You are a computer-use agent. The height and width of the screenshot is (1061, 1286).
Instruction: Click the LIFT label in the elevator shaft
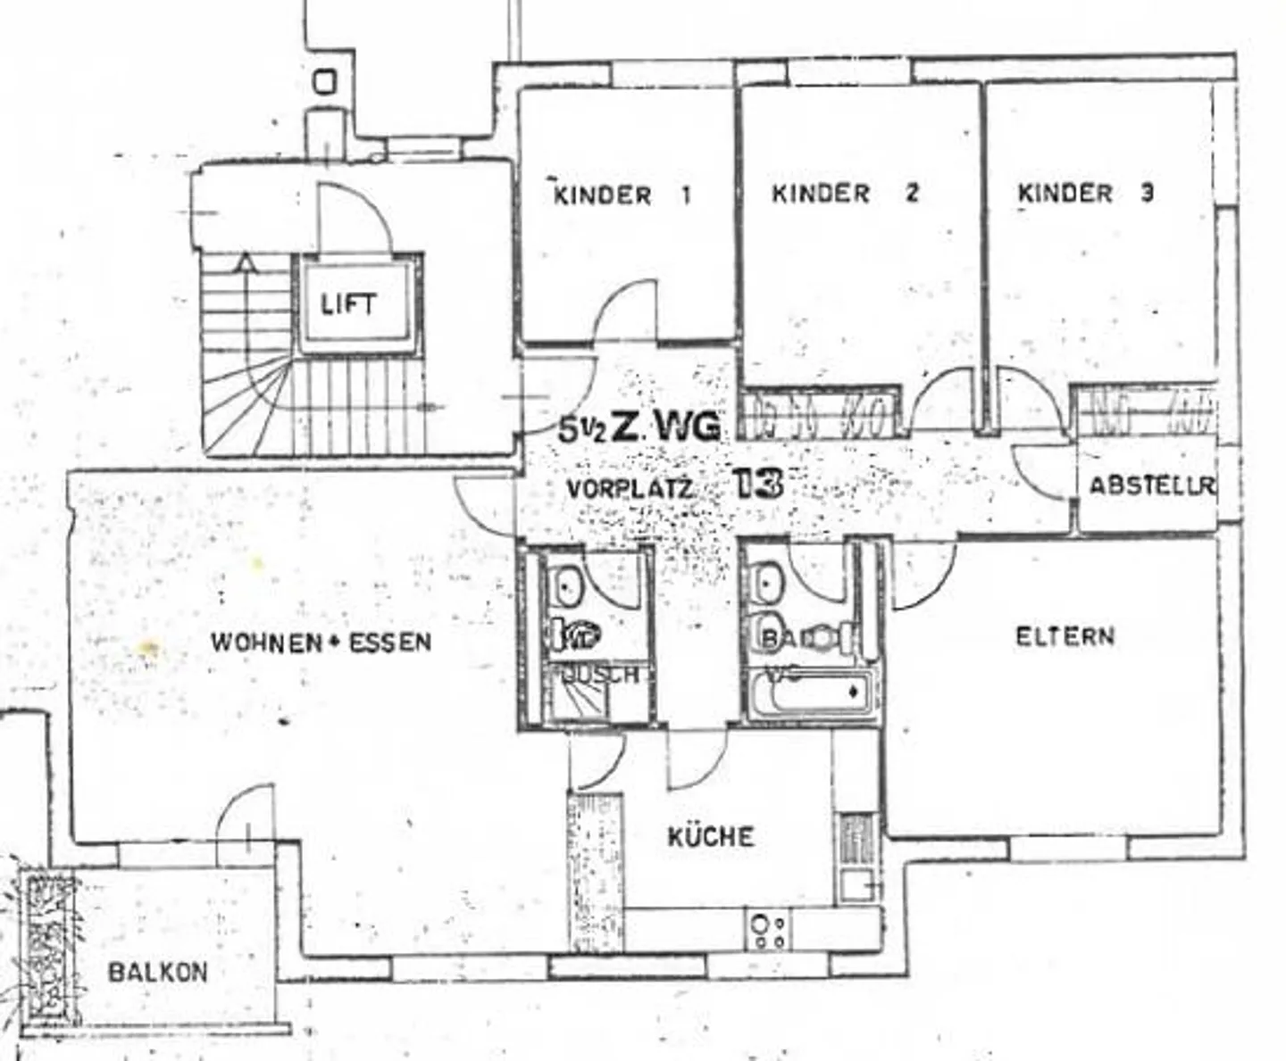point(349,304)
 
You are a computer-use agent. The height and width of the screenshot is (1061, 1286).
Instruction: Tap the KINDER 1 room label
point(622,195)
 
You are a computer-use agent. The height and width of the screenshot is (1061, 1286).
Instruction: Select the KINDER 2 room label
point(844,193)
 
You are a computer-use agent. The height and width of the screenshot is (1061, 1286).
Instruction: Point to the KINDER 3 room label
point(1085,193)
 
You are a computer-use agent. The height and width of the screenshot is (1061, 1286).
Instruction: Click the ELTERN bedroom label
point(1065,636)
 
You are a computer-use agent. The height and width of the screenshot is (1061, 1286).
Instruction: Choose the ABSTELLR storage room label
point(1151,486)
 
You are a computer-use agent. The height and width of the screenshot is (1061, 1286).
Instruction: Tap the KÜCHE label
point(711,837)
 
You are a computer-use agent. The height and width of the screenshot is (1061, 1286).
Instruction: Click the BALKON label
point(158,971)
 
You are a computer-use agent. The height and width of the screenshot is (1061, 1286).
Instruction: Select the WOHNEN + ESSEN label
point(321,642)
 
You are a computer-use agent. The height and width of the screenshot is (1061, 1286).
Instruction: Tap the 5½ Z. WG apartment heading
point(639,428)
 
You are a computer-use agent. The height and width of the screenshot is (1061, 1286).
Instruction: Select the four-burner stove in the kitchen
point(768,930)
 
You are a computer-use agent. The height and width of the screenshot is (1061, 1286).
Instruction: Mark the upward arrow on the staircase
point(245,264)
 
